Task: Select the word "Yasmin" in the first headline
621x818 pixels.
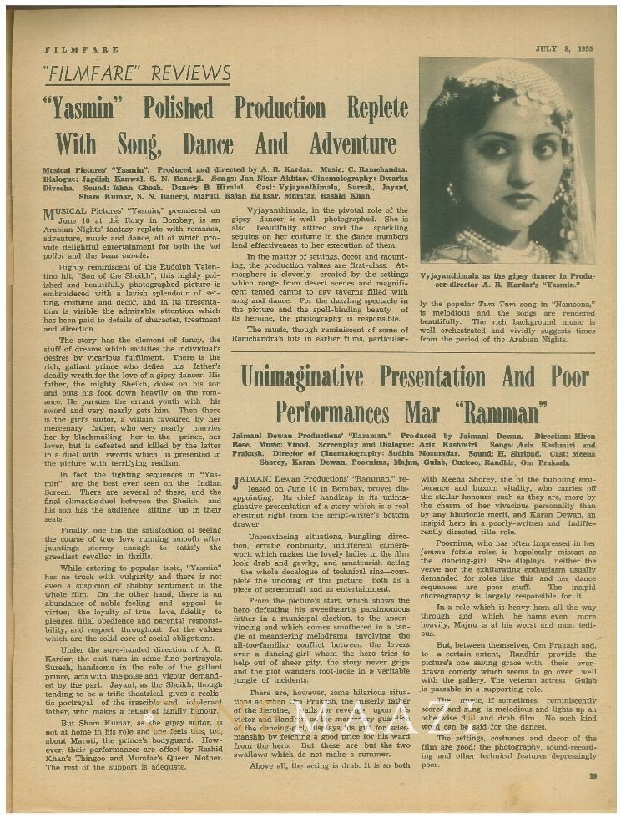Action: [x=89, y=109]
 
